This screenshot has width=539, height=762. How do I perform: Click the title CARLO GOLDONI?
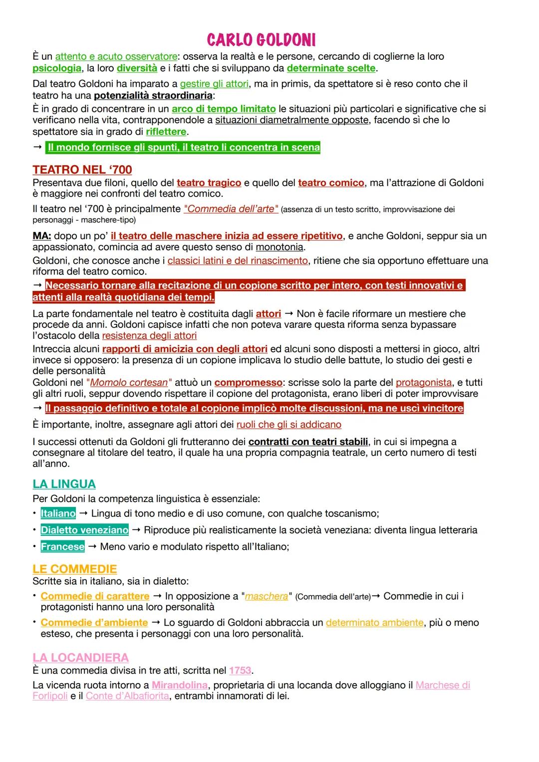(261, 40)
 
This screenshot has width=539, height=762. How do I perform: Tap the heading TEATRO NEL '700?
(82, 170)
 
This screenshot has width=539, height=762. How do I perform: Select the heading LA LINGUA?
(64, 484)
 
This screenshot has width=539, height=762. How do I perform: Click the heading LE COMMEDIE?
(75, 569)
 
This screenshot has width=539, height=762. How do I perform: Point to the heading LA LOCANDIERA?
(80, 657)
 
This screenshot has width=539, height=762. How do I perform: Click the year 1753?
(240, 670)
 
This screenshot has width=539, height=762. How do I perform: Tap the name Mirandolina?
(180, 685)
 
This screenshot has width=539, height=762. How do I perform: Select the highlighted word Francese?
(63, 546)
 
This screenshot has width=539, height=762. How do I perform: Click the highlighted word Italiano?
(58, 513)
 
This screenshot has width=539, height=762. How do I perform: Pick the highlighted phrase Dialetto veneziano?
(85, 530)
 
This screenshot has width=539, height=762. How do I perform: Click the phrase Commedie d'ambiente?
(94, 623)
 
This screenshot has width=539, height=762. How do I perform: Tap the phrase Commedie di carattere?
(95, 596)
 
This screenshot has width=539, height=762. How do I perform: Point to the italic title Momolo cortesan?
(129, 383)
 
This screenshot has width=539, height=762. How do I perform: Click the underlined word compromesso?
(249, 383)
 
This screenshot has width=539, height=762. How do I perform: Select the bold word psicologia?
(57, 68)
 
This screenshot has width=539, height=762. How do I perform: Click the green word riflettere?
(166, 132)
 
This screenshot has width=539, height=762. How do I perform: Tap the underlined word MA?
(42, 236)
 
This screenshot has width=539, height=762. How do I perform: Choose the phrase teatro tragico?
(209, 183)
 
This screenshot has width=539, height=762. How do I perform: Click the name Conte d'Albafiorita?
(127, 696)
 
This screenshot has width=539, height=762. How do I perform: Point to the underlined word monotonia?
(279, 247)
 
